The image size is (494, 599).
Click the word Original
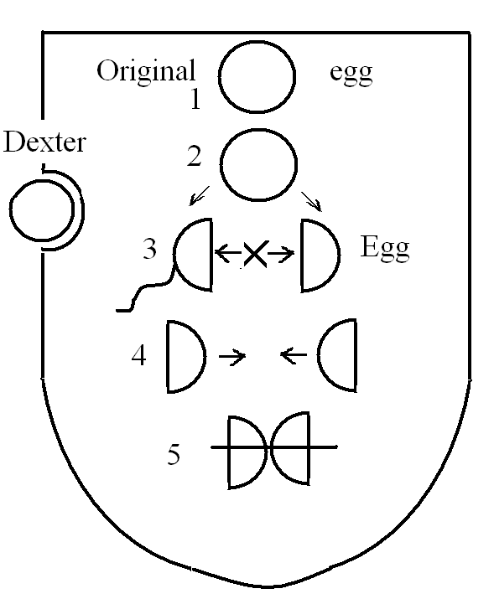146,72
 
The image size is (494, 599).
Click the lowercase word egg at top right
351,73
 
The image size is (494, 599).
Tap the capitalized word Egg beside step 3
385,249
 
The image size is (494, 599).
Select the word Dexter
44,142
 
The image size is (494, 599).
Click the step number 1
195,100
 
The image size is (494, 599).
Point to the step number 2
194,157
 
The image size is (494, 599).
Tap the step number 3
149,249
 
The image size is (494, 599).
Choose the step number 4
138,356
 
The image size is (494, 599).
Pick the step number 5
174,455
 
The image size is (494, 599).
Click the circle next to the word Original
257,77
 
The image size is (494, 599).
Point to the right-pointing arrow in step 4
232,356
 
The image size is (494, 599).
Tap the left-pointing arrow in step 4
294,355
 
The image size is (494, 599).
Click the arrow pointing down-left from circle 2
200,195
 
